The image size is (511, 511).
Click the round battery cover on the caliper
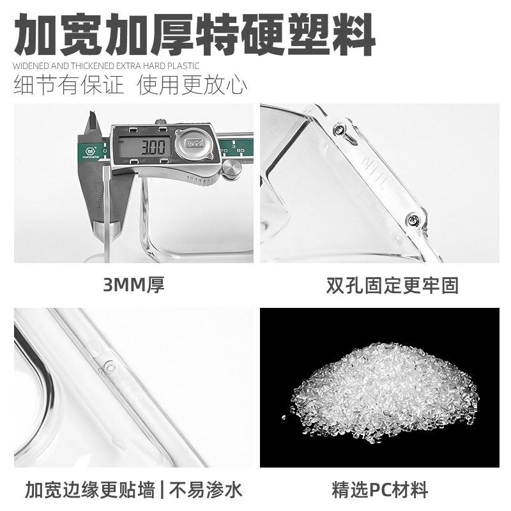[194, 145]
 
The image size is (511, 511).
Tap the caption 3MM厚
[134, 285]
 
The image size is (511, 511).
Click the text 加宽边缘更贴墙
[90, 491]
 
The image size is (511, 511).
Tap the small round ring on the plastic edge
[108, 368]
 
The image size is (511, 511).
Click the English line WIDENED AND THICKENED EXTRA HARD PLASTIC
[106, 65]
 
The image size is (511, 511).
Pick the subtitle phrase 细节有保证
[70, 85]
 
